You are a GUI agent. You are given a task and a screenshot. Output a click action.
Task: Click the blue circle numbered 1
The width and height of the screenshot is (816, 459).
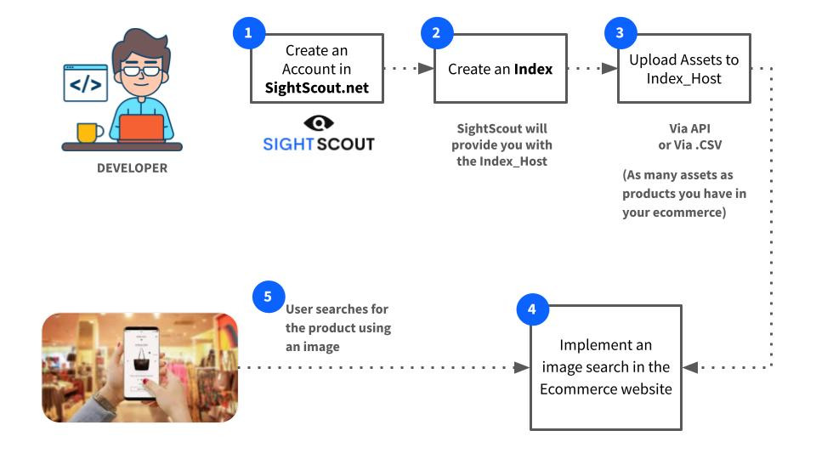coord(248,33)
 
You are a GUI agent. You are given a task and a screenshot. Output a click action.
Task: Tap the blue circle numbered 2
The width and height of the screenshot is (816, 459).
coord(437,33)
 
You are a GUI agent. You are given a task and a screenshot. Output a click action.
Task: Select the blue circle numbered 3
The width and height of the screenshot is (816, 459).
coord(620,33)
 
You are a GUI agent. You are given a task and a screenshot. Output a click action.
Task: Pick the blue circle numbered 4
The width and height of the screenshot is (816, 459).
coord(532,310)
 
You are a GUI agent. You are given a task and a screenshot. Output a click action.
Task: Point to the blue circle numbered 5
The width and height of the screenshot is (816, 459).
coord(269,297)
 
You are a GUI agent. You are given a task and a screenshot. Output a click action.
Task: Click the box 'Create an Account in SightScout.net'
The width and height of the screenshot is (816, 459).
coord(317,69)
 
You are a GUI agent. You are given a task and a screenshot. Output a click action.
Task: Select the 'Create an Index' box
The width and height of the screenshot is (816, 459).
coord(501,69)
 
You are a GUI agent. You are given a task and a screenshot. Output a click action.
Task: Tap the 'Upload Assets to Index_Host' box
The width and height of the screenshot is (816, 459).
coord(684,69)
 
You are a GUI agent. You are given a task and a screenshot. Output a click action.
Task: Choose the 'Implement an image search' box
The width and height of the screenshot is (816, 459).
coord(606,367)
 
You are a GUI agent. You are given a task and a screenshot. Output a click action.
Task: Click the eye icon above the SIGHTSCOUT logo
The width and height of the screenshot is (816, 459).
coord(318,122)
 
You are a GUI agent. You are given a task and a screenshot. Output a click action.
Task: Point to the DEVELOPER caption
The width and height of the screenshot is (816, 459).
coord(132,168)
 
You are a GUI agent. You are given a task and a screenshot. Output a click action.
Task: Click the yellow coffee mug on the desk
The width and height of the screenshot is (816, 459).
coord(88,132)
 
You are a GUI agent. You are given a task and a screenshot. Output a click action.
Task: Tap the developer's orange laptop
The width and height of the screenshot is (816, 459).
coord(143,128)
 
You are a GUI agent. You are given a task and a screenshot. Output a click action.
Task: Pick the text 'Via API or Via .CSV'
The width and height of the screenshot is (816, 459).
coord(684,137)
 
